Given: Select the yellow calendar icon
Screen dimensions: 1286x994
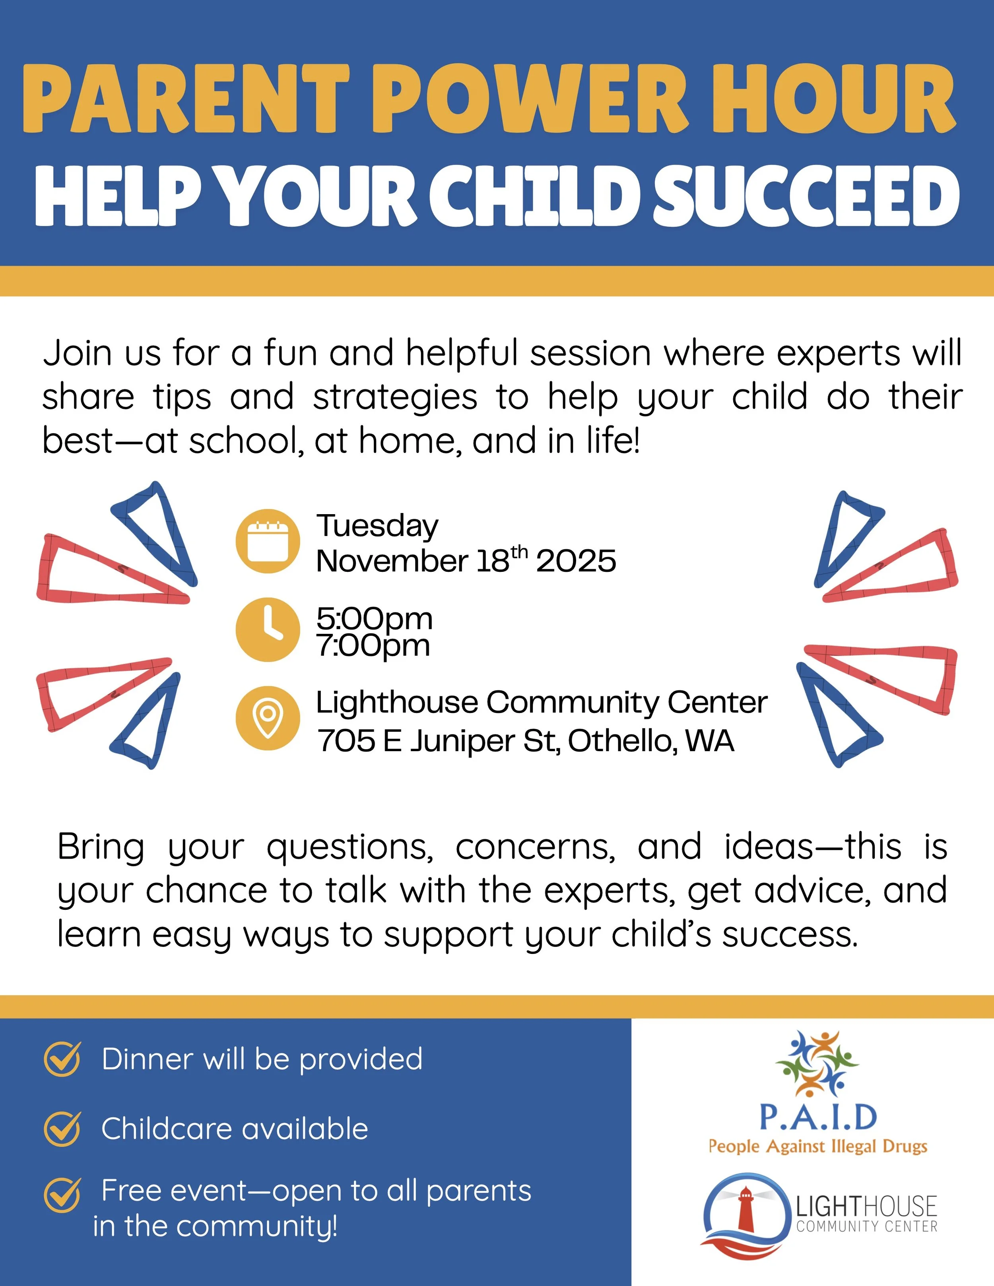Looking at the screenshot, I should click(268, 540).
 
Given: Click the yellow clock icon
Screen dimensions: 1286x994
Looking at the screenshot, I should click(268, 629).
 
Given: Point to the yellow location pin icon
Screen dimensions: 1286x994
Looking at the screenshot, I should click(268, 718).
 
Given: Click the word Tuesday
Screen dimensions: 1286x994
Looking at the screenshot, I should click(377, 525).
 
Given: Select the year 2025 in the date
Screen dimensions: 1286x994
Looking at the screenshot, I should click(575, 561).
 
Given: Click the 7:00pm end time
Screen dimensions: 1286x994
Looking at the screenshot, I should click(373, 645).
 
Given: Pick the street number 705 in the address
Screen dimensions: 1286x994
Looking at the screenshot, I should click(346, 741).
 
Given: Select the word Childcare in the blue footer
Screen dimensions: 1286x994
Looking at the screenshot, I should click(167, 1129).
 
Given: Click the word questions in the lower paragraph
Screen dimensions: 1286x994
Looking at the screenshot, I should click(350, 848).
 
